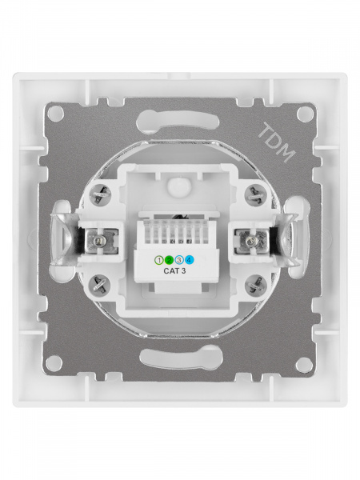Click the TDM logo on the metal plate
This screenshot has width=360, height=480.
click(277, 142)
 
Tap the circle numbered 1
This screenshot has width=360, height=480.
click(158, 261)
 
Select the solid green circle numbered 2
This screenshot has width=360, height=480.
click(169, 261)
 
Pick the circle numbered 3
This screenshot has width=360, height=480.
click(179, 261)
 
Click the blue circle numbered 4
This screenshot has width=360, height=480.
click(190, 261)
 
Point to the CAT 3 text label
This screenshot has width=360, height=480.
click(174, 271)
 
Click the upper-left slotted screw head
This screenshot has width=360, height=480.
click(100, 195)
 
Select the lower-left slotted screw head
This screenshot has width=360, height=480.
click(99, 284)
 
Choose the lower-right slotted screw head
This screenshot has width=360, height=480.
click(256, 285)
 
